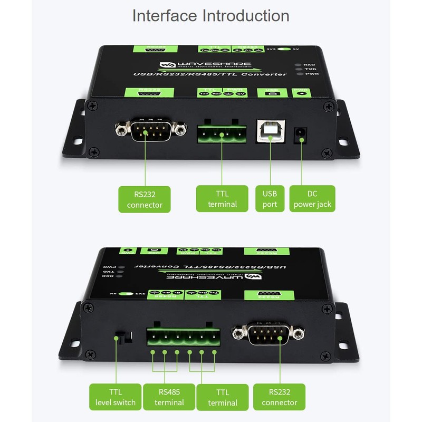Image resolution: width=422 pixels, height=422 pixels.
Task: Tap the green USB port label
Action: pyautogui.click(x=270, y=198)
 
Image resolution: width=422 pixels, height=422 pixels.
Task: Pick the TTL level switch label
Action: pyautogui.click(x=115, y=397)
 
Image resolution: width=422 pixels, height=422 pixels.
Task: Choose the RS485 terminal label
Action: pyautogui.click(x=169, y=397)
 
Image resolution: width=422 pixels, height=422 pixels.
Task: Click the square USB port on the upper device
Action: pyautogui.click(x=270, y=131)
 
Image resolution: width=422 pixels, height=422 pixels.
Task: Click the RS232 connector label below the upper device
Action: pyautogui.click(x=145, y=198)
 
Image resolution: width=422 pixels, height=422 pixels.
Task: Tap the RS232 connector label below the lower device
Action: pyautogui.click(x=279, y=397)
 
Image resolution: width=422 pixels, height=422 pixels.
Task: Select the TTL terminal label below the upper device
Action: pyautogui.click(x=222, y=198)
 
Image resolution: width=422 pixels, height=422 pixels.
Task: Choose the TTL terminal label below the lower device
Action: pyautogui.click(x=222, y=397)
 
